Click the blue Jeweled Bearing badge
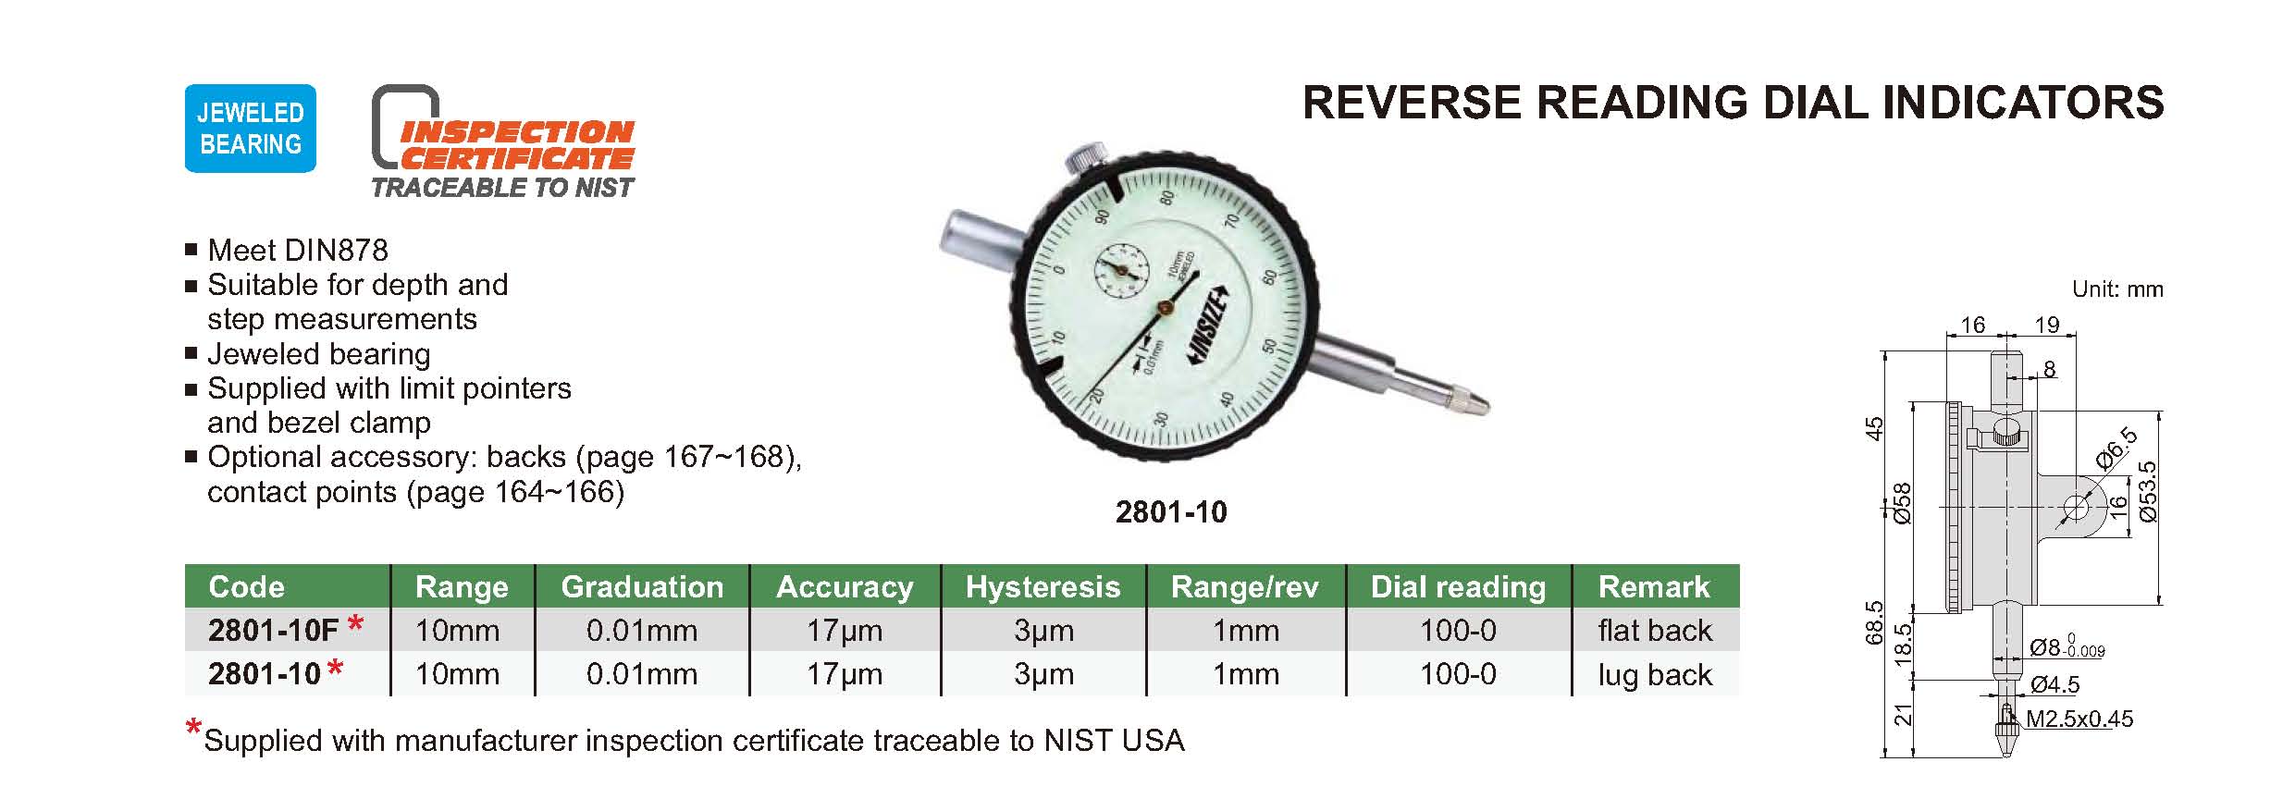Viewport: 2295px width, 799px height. (251, 129)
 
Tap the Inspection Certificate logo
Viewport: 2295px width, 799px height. (503, 142)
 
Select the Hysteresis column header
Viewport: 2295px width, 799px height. (1043, 586)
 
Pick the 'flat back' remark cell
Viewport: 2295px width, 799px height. (1655, 630)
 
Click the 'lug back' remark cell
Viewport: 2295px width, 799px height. (1655, 674)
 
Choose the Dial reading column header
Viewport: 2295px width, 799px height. (1458, 586)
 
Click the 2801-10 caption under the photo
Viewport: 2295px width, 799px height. (1171, 511)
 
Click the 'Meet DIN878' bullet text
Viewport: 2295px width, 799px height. (297, 250)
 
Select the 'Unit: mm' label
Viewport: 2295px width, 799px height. (2117, 289)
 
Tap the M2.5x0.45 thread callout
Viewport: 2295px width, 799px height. (2079, 719)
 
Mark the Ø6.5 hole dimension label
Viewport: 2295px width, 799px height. (2117, 449)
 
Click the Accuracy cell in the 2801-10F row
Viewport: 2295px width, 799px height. (844, 631)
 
